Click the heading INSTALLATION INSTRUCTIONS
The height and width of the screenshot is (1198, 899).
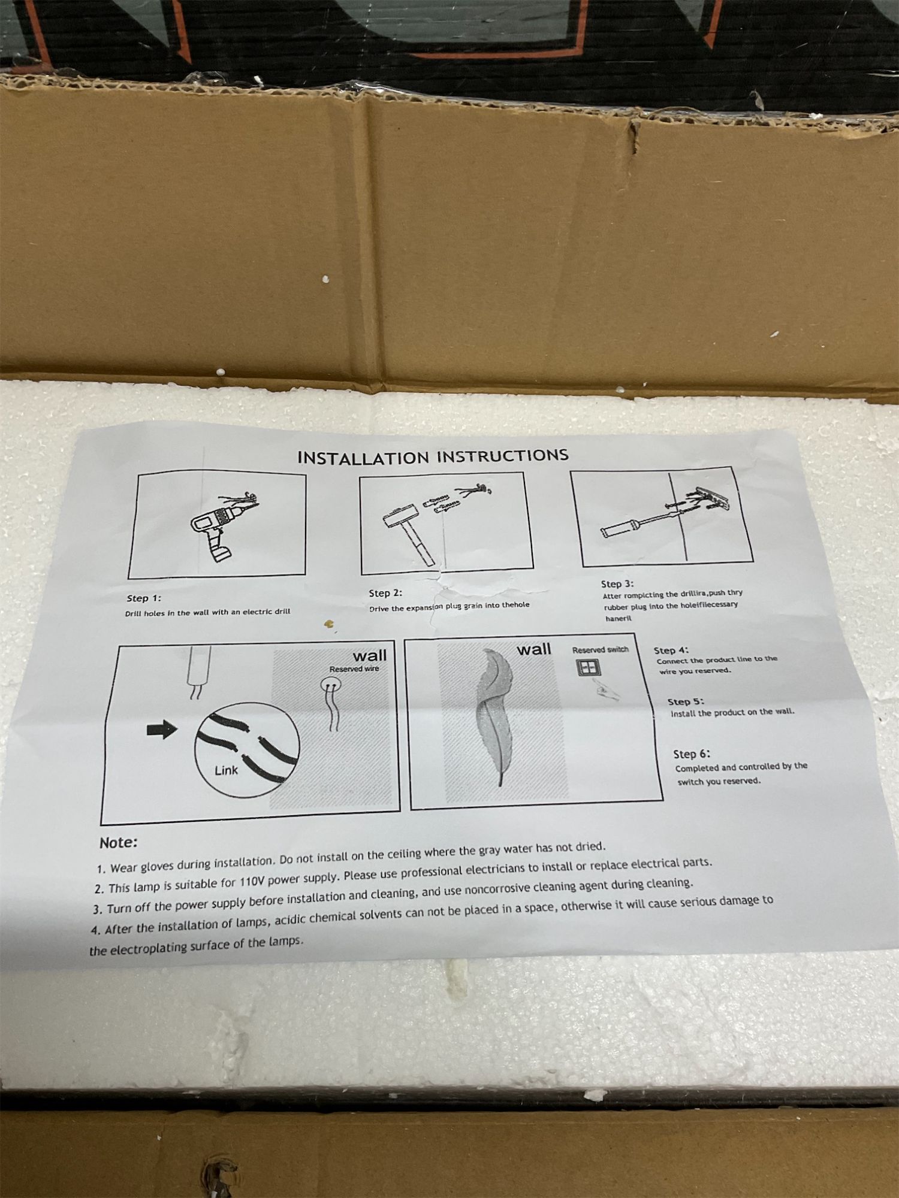point(433,456)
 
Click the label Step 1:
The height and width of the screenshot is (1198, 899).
point(144,598)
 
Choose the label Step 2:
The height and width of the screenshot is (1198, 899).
point(385,593)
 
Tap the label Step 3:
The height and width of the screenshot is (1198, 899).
point(617,583)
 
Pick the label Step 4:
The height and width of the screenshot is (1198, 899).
point(671,650)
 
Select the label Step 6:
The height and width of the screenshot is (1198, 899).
point(692,754)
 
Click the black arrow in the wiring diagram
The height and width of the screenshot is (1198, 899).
point(162,729)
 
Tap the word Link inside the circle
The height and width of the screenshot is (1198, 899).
point(226,770)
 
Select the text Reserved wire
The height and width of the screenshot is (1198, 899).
point(354,668)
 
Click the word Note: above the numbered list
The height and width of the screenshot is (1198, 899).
point(119,842)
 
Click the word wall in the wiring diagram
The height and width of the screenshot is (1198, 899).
point(370,655)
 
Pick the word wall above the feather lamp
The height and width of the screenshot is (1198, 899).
point(534,649)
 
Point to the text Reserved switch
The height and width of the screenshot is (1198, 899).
point(601,649)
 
